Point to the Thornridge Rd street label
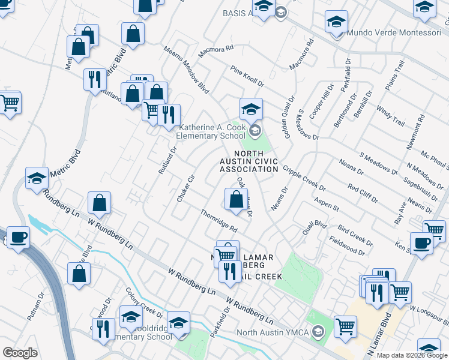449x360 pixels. (x=219, y=221)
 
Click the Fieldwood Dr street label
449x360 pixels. (x=347, y=245)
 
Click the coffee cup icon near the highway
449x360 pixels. (x=17, y=237)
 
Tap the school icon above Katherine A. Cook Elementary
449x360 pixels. (x=252, y=109)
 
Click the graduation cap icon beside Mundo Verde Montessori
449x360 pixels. (x=337, y=22)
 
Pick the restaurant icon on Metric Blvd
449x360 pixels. (x=94, y=79)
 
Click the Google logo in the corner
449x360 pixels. (x=20, y=353)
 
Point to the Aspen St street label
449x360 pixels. (x=327, y=203)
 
